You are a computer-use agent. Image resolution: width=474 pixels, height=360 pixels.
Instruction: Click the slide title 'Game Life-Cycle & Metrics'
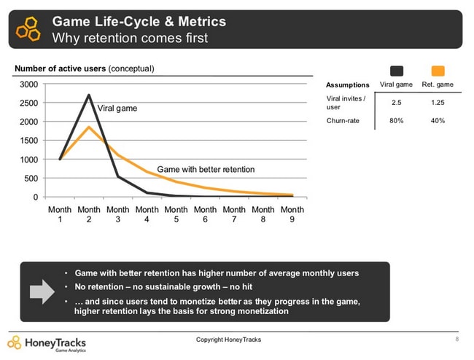click(139, 21)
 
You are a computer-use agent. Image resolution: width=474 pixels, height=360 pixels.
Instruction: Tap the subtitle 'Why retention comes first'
click(130, 37)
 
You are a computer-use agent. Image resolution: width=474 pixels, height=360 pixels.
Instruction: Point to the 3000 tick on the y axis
click(29, 84)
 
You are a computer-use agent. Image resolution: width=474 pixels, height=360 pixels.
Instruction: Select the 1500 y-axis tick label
click(29, 141)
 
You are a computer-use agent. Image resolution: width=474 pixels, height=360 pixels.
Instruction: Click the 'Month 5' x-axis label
click(176, 214)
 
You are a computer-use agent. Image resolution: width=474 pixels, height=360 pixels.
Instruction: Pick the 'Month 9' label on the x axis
click(292, 214)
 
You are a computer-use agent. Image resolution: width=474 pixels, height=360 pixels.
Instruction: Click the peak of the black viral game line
click(88, 95)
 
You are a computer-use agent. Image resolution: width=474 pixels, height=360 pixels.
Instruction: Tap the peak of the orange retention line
click(88, 128)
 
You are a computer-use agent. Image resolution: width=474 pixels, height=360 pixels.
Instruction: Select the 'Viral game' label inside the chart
click(117, 108)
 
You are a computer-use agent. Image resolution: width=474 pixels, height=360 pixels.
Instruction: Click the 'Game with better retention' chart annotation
click(206, 169)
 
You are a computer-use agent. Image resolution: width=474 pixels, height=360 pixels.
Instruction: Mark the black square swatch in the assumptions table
click(397, 71)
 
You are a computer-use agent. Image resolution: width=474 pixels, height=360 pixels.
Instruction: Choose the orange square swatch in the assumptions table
click(438, 71)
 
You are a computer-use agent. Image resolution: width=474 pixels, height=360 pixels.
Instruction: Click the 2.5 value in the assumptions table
click(397, 102)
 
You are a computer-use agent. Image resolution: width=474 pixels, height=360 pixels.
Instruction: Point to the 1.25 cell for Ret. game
click(438, 102)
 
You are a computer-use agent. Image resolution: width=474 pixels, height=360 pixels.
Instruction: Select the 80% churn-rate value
click(397, 121)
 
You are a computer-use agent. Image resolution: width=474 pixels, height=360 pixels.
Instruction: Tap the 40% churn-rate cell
click(438, 121)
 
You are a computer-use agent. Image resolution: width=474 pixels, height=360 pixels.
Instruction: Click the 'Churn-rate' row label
click(342, 121)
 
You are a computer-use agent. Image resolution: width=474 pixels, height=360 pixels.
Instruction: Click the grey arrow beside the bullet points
click(42, 291)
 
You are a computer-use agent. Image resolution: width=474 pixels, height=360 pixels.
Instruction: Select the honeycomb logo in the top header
click(28, 28)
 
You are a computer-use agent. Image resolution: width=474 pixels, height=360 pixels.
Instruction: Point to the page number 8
click(456, 340)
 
